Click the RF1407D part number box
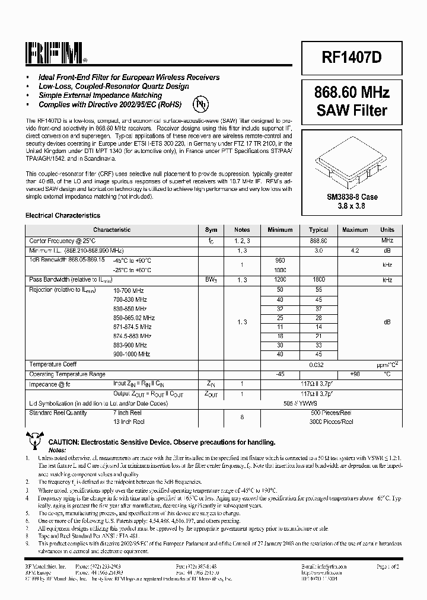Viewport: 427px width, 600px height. point(351,56)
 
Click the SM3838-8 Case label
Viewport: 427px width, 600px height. point(351,197)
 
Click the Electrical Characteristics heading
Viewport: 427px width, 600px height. point(62,216)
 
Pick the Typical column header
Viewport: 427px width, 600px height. point(318,230)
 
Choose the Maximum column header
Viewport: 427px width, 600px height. point(355,230)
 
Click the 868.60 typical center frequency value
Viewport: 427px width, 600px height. point(318,241)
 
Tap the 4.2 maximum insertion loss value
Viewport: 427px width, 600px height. point(355,251)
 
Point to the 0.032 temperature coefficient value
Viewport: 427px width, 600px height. point(318,364)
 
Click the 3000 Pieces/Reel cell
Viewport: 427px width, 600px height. point(331,422)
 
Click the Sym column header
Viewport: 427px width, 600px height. point(211,230)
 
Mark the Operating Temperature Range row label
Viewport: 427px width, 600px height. point(67,374)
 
